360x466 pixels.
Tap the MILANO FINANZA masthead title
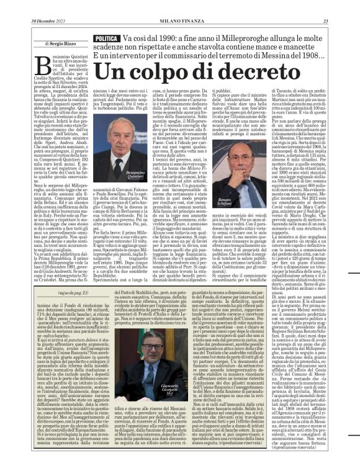(180, 6)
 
